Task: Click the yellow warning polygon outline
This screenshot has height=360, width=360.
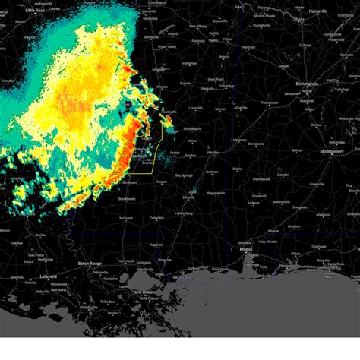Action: point(161,144)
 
